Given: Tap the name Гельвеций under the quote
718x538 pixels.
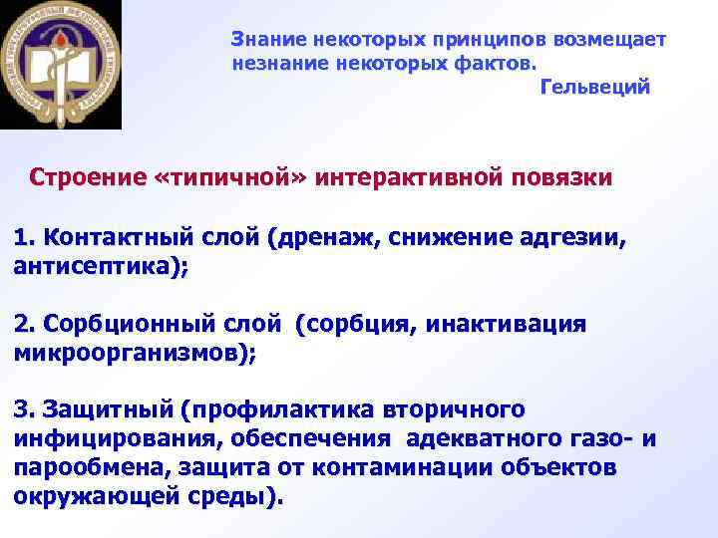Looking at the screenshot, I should tap(594, 88).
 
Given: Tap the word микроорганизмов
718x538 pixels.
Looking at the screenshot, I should tap(130, 353).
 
